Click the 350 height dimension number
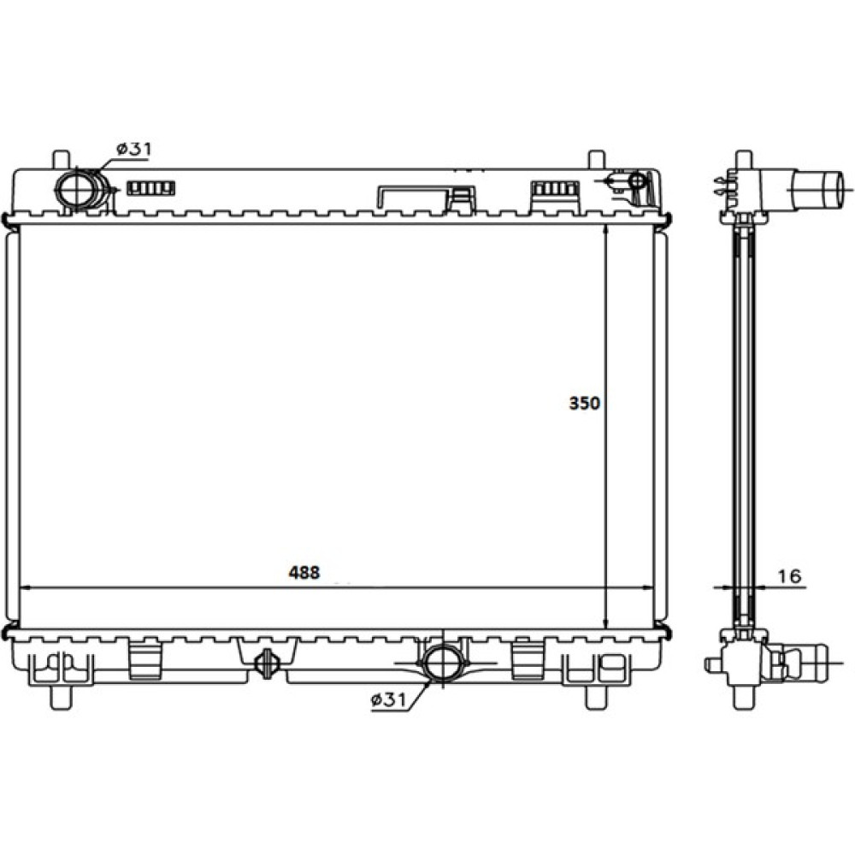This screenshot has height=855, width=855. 584,404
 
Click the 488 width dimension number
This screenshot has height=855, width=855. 304,573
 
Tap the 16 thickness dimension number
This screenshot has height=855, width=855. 788,575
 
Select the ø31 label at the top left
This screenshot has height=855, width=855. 134,149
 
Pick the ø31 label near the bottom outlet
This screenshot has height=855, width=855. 389,700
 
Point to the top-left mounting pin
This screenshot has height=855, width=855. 61,159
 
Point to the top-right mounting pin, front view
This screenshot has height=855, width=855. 597,159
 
